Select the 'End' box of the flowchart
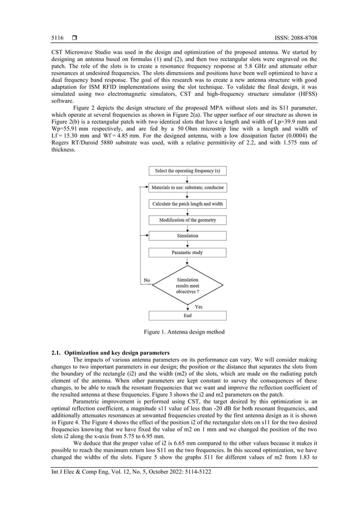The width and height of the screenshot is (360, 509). [x=187, y=316]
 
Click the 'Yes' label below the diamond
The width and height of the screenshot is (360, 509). [x=199, y=307]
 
